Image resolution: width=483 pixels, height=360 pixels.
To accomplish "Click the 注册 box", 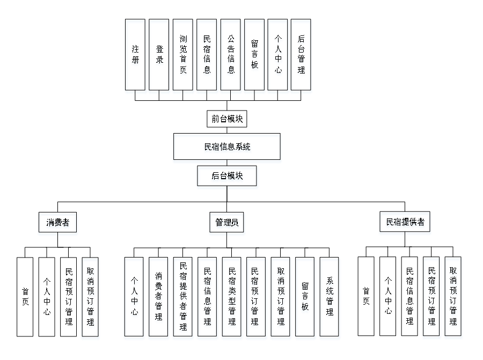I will tap(135, 56).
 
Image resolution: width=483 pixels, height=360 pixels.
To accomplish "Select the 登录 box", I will tap(159, 56).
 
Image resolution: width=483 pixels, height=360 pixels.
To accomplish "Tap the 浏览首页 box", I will tap(183, 56).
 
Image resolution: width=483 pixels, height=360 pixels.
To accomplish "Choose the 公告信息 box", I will tap(231, 56).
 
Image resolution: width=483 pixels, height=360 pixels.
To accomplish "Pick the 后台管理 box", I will tap(302, 56).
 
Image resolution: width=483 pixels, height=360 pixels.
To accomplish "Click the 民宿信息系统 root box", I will tap(227, 148).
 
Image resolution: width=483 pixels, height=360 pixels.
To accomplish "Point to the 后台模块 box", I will tap(227, 178).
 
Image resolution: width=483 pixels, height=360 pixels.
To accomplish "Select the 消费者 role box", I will tap(58, 224).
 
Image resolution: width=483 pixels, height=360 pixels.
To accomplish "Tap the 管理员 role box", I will tap(227, 224).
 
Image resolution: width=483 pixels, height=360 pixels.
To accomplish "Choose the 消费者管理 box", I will tap(158, 298).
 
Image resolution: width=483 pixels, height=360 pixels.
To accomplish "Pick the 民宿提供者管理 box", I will tap(183, 298).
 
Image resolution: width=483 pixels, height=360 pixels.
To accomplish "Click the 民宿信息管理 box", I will tap(208, 298).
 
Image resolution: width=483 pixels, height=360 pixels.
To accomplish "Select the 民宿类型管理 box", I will tap(232, 298).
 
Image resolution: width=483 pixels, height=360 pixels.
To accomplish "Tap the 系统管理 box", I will tap(330, 298).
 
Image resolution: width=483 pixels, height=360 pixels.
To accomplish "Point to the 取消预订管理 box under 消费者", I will tap(91, 298).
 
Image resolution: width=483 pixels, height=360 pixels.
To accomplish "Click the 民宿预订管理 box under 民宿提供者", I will tap(432, 298).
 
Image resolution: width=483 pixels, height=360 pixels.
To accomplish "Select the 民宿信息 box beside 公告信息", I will tap(207, 56).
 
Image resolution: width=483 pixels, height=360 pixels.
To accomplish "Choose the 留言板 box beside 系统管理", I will tap(305, 298).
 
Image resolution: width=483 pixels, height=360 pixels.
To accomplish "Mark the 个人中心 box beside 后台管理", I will tap(278, 56).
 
